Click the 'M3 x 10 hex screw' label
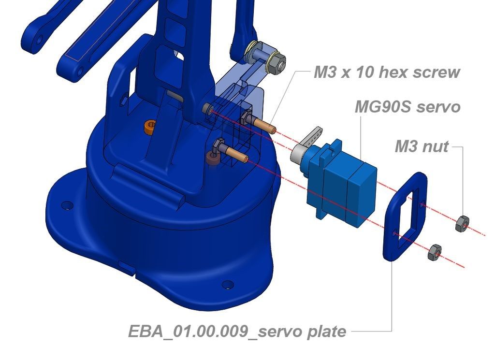tap(387, 72)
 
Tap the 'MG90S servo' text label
tap(408, 107)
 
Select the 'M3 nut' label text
tap(422, 146)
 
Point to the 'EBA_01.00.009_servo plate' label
tap(237, 331)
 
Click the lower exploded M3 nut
tap(435, 252)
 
